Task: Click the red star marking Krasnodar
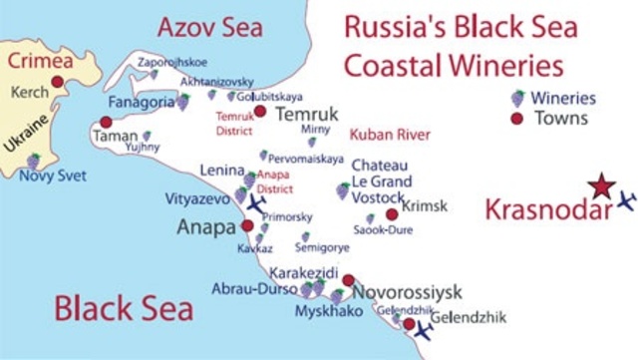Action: [x=600, y=185]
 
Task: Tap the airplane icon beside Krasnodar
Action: [x=626, y=200]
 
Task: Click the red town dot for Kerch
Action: [x=58, y=82]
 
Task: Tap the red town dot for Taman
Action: [x=106, y=123]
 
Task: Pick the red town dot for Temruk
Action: [x=260, y=112]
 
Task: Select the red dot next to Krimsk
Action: [x=392, y=213]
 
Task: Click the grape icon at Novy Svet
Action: [x=33, y=161]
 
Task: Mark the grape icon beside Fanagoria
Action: [x=183, y=101]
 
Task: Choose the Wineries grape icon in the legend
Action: [x=516, y=98]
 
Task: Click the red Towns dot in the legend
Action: [x=516, y=119]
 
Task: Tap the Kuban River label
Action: [x=390, y=134]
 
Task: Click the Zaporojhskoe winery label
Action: [x=172, y=60]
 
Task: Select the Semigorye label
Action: [x=334, y=247]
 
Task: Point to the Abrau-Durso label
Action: [x=252, y=289]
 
